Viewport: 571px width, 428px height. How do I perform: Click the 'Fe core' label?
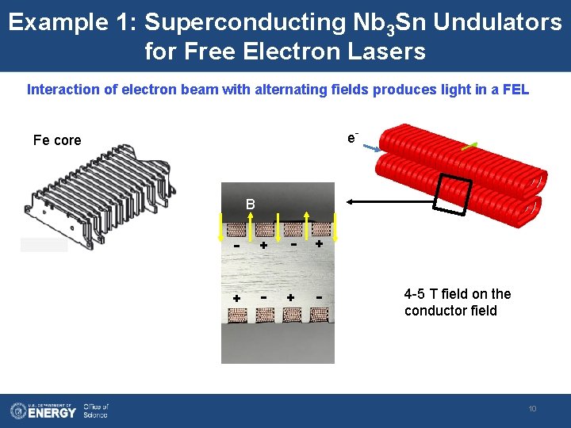click(57, 140)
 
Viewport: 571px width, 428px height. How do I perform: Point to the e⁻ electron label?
click(352, 138)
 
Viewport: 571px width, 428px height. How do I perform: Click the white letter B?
click(250, 204)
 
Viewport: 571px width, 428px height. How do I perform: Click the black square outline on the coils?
click(452, 194)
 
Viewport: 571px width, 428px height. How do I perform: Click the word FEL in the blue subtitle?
click(514, 90)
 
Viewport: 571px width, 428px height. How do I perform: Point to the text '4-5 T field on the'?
click(458, 294)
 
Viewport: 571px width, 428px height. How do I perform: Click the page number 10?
click(532, 409)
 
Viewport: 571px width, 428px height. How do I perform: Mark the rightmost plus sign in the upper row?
click(318, 245)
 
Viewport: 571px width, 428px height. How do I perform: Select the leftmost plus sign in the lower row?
click(236, 297)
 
